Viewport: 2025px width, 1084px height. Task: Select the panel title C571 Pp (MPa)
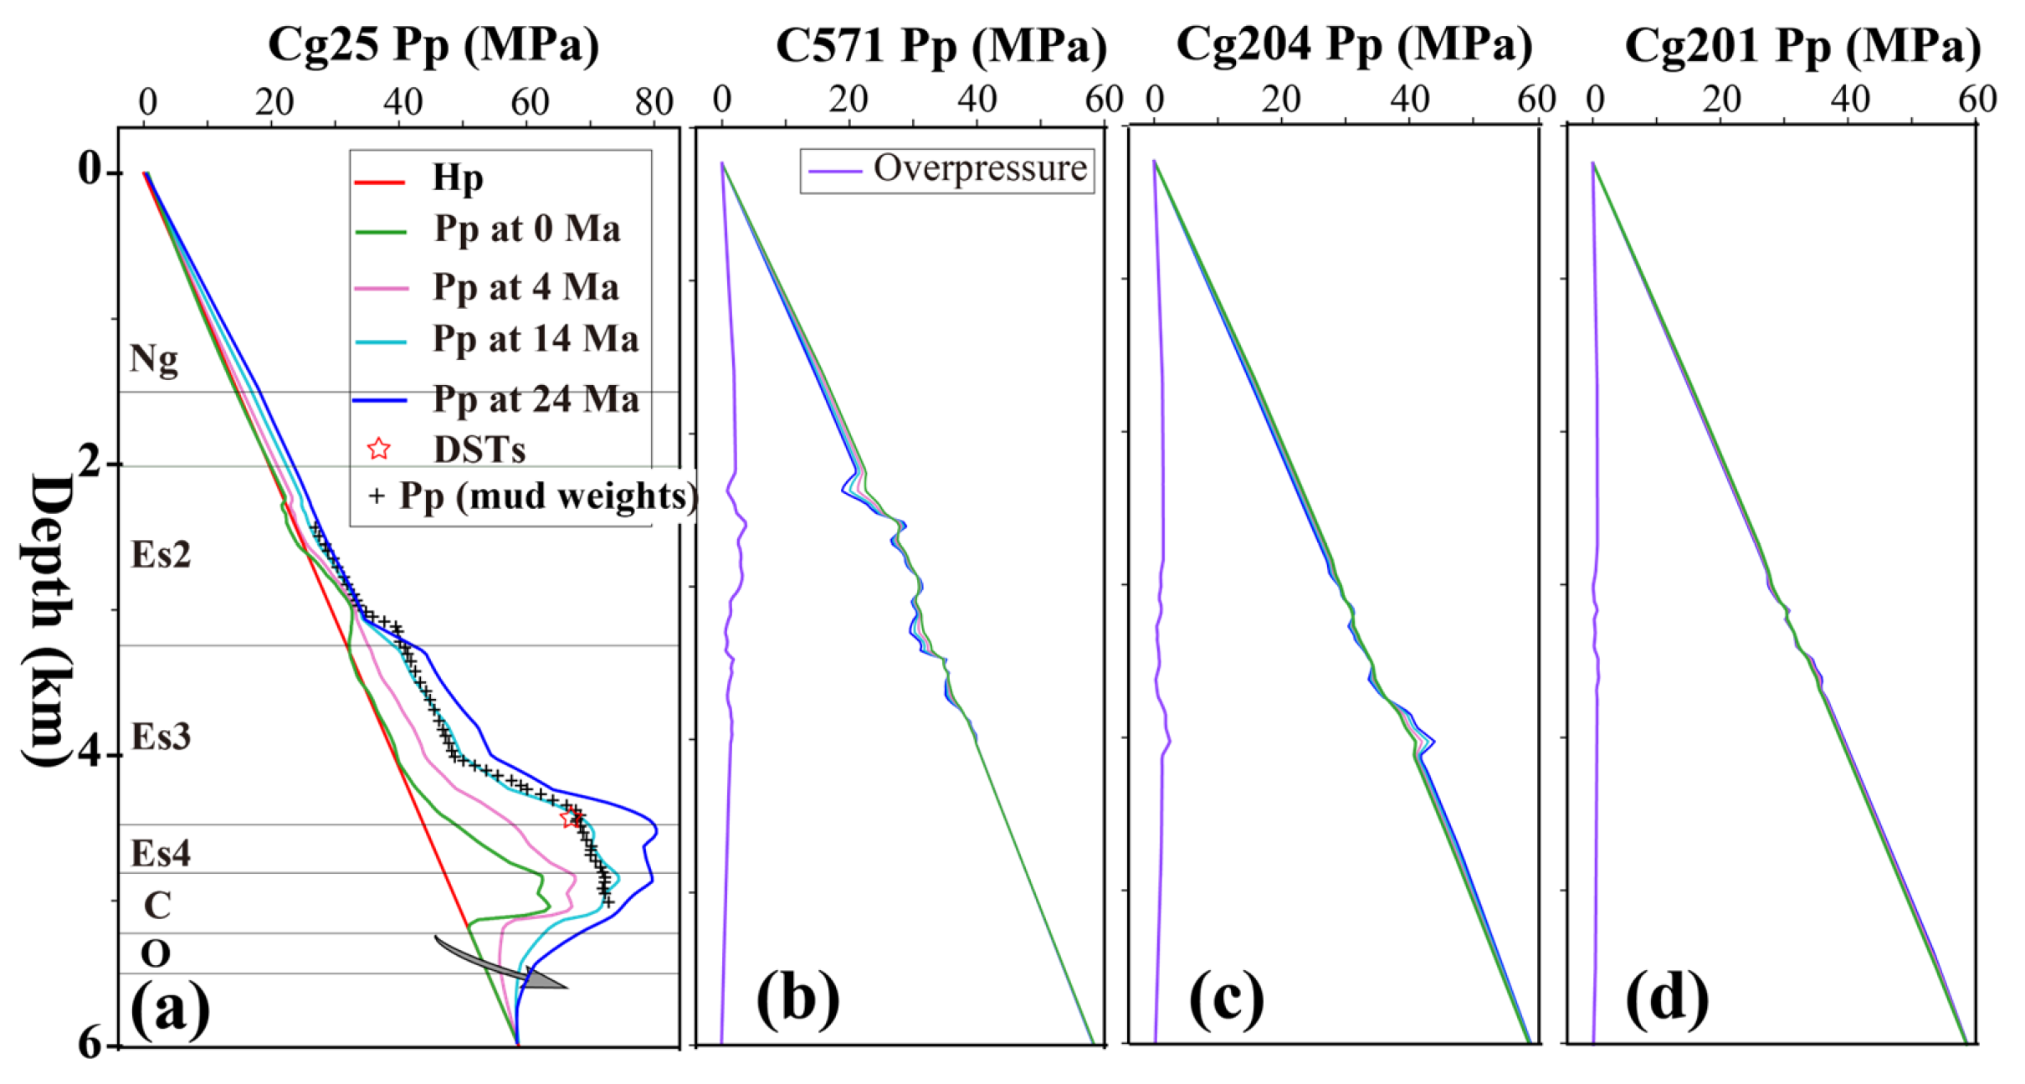[941, 45]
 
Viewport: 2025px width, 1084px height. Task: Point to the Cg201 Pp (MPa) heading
[1802, 45]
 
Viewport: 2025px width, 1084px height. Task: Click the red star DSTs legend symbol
[379, 450]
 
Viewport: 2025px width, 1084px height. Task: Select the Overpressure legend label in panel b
[979, 168]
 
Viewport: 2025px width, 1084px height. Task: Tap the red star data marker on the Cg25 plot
[571, 818]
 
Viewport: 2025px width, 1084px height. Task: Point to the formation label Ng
[154, 358]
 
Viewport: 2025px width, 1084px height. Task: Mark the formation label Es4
[161, 854]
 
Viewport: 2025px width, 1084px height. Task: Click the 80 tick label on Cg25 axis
[654, 102]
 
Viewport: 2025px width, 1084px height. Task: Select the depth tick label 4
[90, 752]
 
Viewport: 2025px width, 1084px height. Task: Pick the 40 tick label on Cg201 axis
[1849, 100]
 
